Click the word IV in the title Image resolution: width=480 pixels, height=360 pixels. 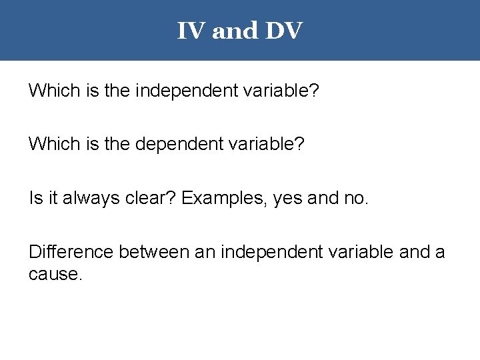191,31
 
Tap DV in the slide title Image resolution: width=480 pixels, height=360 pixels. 283,31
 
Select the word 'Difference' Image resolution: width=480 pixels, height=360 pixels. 71,252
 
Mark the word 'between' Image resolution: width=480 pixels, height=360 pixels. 153,252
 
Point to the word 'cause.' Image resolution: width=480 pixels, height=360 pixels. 56,274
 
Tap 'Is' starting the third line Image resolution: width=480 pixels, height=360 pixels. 35,198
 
